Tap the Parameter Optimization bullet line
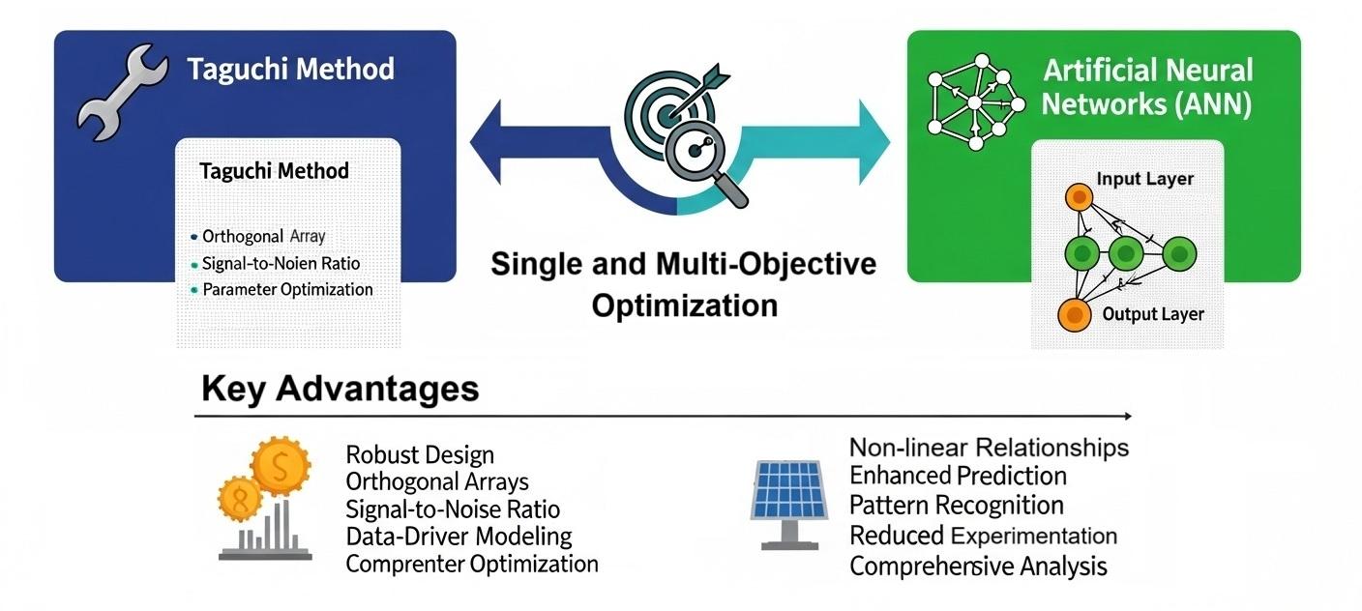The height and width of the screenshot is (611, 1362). tap(287, 289)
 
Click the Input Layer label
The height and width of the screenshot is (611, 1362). tap(1144, 179)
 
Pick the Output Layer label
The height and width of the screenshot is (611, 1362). tap(1153, 314)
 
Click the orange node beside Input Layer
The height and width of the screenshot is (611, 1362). tap(1078, 198)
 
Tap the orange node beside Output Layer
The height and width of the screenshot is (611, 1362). tap(1070, 313)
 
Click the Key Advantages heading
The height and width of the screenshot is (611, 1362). tap(340, 389)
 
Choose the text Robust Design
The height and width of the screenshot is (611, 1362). tap(420, 455)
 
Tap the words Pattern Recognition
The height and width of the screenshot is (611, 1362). tap(956, 506)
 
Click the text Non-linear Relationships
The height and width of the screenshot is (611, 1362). tap(989, 448)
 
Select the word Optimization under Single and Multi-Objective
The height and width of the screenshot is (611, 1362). tap(684, 305)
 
